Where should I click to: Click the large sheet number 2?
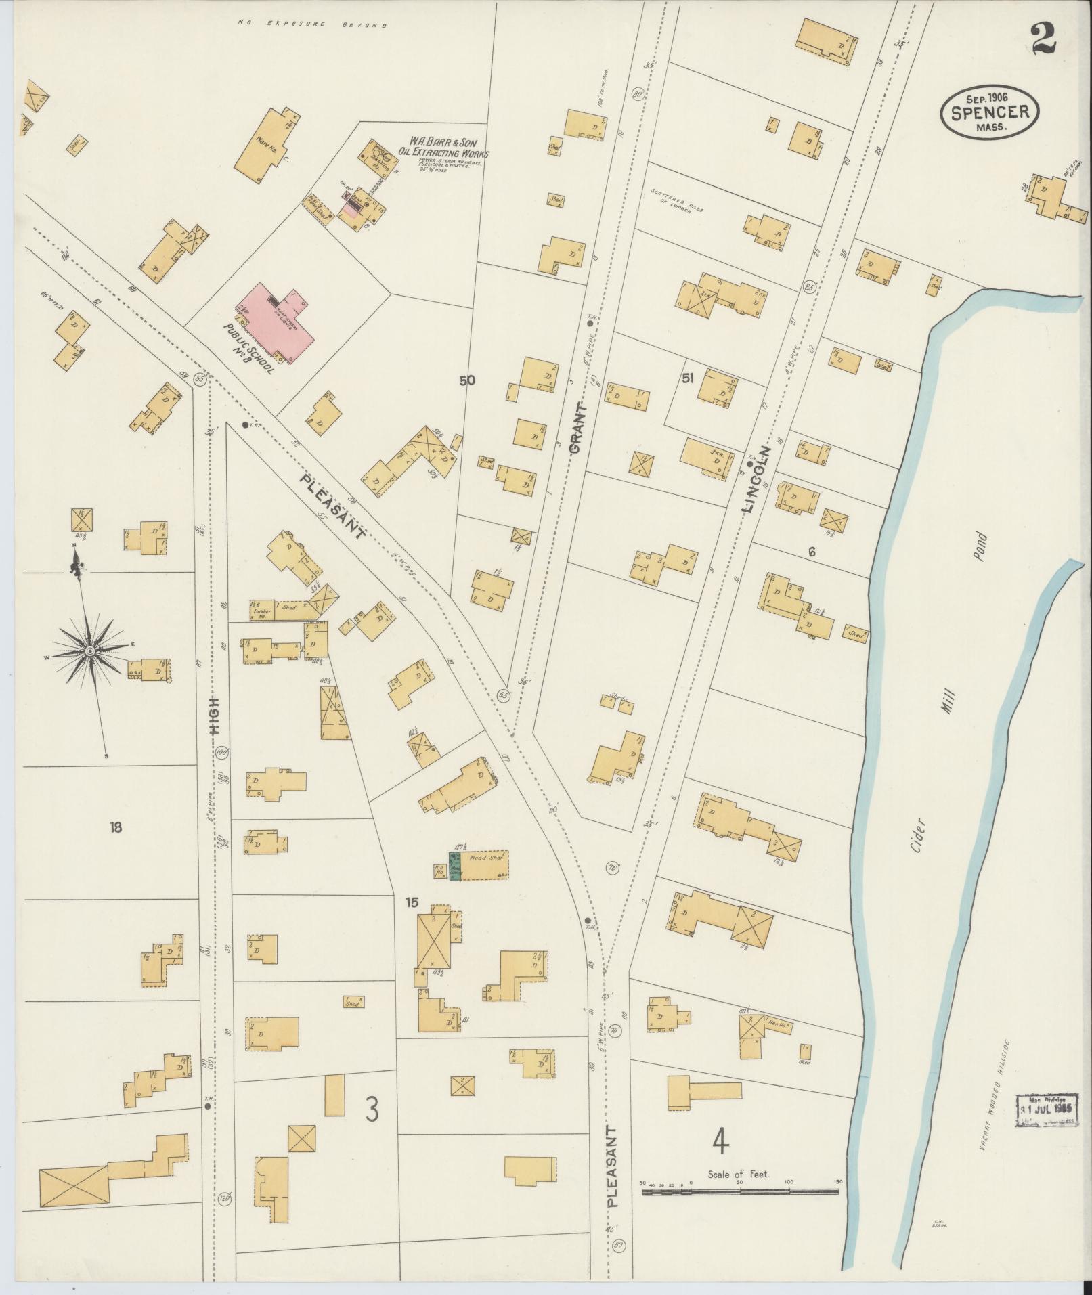(x=1043, y=37)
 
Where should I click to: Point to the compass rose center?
(x=89, y=651)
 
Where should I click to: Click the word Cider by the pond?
(x=919, y=835)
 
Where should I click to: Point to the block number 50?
(x=467, y=380)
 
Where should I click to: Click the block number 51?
(x=688, y=379)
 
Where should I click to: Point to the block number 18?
(x=116, y=827)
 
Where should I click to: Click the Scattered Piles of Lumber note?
(x=677, y=201)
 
